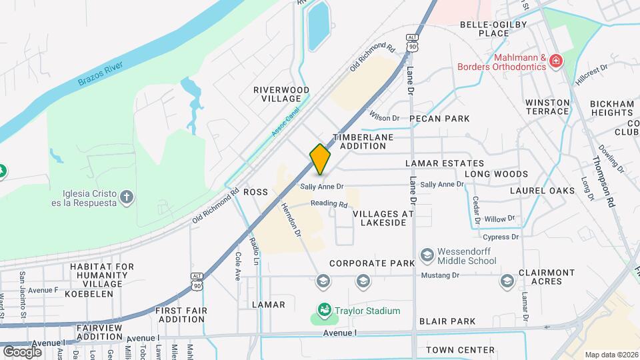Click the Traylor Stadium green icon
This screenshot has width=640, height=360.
click(324, 310)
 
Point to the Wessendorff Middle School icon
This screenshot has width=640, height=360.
click(427, 255)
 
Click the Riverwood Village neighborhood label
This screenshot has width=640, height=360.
click(281, 94)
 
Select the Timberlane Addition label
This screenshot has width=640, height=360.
click(363, 141)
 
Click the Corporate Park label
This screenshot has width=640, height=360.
click(372, 263)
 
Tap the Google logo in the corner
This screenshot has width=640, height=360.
click(22, 351)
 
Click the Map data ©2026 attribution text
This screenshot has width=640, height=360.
click(611, 354)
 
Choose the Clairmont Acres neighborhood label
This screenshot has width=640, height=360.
click(546, 277)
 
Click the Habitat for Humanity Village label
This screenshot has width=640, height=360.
click(97, 275)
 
